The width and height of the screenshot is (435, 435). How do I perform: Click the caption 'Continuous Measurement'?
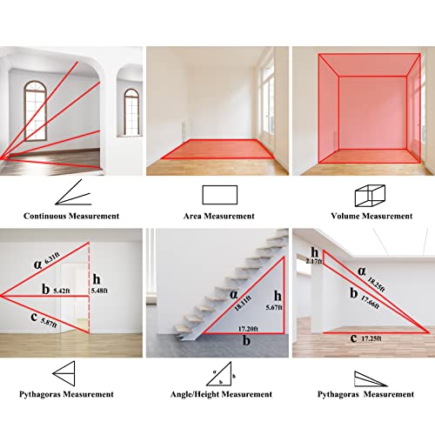point(71,216)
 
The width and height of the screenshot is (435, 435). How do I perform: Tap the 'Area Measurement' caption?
point(219,216)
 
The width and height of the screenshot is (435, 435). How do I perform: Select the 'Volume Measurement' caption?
point(371,216)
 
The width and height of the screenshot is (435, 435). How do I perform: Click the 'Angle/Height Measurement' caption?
point(221,394)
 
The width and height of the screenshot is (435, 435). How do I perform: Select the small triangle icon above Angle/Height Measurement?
point(219,374)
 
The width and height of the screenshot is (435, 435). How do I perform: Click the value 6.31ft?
point(52,258)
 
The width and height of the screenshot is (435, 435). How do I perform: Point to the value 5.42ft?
point(62,291)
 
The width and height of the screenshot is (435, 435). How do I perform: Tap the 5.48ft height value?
point(99,291)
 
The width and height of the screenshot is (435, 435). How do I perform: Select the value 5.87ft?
point(49,323)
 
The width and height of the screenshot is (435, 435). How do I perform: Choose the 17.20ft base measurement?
point(248,329)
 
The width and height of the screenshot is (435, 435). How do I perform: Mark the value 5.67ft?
point(274,307)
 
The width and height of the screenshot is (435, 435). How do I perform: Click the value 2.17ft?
point(314,261)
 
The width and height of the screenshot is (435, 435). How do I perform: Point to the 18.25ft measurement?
point(377,284)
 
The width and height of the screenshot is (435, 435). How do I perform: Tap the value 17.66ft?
point(370,302)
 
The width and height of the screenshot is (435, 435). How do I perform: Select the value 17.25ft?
point(371,338)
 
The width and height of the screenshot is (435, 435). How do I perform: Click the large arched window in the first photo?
point(36,110)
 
